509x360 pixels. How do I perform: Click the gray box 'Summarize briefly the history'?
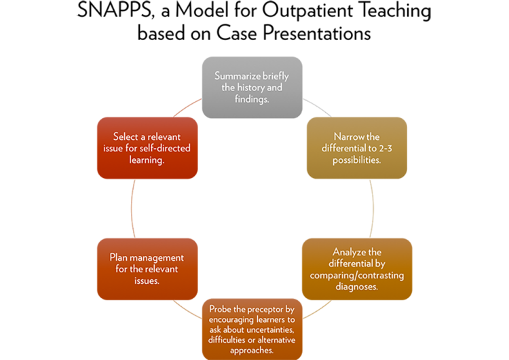pos(252,87)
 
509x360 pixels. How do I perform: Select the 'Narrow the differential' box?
pos(356,147)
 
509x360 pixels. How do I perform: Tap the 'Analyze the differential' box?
pos(356,268)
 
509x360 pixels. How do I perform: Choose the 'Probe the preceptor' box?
pos(252,329)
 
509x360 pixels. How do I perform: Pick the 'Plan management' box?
pos(147,268)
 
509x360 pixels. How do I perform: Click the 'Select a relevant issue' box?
pos(147,147)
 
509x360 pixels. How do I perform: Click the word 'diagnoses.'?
pos(356,286)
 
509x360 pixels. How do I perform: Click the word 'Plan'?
pos(119,257)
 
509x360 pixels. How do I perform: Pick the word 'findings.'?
pos(252,98)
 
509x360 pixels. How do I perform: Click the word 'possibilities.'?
pos(356,159)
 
